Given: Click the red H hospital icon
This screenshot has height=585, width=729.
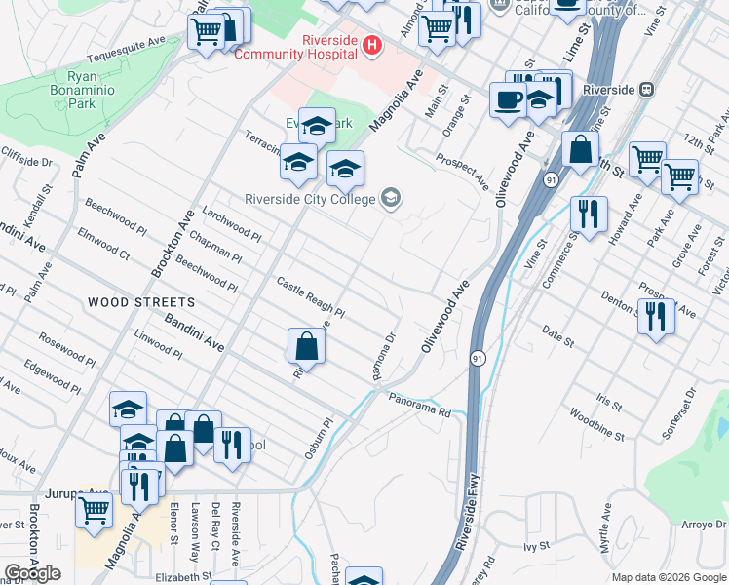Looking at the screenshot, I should (x=371, y=45).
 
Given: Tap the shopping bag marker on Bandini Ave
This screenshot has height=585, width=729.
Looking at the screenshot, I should (x=306, y=346).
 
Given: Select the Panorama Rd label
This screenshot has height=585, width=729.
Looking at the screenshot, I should (x=420, y=406).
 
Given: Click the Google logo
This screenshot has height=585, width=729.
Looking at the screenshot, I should (x=32, y=574).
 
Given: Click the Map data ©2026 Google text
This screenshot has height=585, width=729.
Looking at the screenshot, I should (x=668, y=577).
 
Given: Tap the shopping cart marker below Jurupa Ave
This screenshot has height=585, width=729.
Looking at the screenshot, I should (x=95, y=511).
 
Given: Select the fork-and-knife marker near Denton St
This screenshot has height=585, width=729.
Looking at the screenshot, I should (x=656, y=316).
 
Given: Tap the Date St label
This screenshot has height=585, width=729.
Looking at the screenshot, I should (x=557, y=337).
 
